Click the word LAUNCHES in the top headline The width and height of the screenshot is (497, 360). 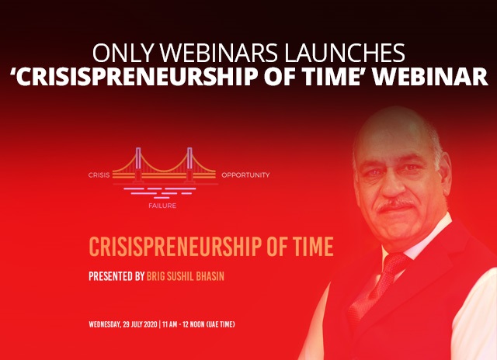coord(345,53)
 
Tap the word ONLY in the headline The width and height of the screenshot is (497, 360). coord(123,53)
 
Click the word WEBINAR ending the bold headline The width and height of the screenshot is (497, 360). coord(429,76)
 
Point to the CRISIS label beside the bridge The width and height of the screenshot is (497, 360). coord(99,175)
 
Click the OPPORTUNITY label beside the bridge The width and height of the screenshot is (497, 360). coord(245,175)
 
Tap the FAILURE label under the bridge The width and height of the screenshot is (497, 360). coord(162,206)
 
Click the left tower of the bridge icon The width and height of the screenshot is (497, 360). coord(138,164)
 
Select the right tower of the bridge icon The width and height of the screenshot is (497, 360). coord(189,164)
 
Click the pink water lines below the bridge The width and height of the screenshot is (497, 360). coord(160,193)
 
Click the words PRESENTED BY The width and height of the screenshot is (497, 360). coord(116,276)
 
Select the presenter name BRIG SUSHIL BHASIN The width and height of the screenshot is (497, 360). coord(186,276)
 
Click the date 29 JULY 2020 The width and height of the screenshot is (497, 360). coord(140,324)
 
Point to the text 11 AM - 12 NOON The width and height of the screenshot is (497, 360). coord(183,324)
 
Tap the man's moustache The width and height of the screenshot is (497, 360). coord(395,205)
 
